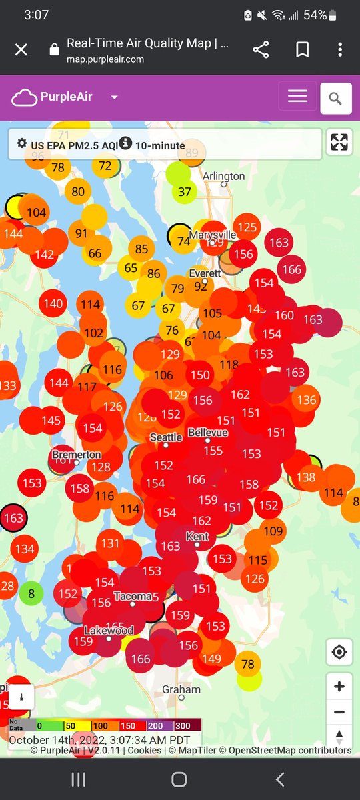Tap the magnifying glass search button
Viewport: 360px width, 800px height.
[335, 99]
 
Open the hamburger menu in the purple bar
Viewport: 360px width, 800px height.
[297, 97]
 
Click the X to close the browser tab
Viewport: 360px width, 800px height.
[21, 50]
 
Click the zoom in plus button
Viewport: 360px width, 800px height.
[339, 687]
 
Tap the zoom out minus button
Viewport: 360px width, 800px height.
[339, 712]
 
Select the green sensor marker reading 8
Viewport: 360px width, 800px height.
[31, 593]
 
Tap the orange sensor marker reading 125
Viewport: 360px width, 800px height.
[247, 227]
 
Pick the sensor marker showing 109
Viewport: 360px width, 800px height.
[273, 531]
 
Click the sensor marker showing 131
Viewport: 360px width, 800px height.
[111, 543]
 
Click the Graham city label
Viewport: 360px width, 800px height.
[181, 689]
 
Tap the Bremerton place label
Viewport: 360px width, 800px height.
[76, 455]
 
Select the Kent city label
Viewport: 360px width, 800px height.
[198, 537]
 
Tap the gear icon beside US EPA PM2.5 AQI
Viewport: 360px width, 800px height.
[22, 143]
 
